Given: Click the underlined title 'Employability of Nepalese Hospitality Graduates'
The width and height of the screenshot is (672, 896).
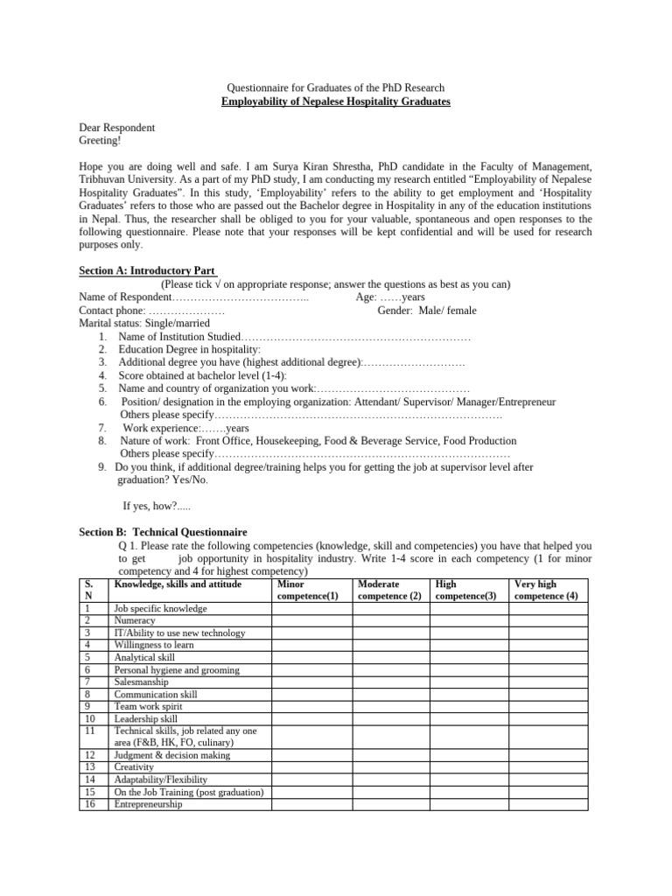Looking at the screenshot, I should point(336,102).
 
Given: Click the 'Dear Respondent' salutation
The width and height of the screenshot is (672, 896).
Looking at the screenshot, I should point(117,128).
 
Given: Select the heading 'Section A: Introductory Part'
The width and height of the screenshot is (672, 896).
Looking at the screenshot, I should point(148,271).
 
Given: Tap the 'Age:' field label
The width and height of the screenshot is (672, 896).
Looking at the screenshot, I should point(366,297).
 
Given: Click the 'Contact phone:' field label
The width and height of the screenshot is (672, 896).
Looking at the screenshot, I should point(113,311).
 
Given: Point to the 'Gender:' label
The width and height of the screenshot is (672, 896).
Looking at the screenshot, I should point(396,311).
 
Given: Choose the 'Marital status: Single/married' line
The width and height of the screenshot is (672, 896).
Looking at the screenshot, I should point(144,323).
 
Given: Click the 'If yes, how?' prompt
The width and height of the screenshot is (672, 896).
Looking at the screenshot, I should point(150,506).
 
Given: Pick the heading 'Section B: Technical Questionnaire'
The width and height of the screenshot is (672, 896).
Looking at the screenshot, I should point(163,532).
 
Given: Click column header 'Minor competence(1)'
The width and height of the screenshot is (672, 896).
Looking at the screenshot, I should point(307,590).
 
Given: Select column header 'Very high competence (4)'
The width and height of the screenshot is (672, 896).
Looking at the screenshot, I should point(547,590).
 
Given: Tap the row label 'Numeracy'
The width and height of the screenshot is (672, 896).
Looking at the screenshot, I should point(135,620).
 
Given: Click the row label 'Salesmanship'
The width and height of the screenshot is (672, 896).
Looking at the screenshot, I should point(142,682).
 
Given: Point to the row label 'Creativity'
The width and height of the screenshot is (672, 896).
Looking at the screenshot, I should point(134,767).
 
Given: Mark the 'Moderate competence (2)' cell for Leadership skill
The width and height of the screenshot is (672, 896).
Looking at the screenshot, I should point(390,718).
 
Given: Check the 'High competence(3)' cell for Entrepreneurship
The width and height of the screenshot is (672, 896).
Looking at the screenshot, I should point(468,804).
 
